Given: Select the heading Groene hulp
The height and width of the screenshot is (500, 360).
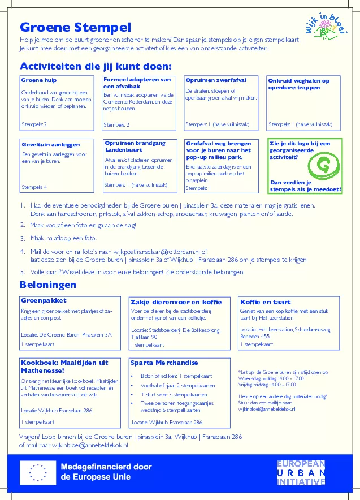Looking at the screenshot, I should click(x=39, y=80).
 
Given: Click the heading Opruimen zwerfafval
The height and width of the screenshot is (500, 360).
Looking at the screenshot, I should click(x=216, y=80).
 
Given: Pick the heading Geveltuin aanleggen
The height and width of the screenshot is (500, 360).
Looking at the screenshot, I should click(x=51, y=145).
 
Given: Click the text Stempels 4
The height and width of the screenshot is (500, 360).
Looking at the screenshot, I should click(x=34, y=187).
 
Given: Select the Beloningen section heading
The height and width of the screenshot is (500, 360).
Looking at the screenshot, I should click(x=48, y=284).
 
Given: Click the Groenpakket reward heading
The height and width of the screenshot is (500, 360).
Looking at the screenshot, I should click(x=44, y=300).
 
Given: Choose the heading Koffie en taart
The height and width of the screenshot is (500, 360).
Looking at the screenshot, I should click(x=265, y=301).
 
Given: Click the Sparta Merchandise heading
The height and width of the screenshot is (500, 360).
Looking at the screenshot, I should click(x=164, y=363).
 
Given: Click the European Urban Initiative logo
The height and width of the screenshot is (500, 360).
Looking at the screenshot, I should click(x=301, y=473).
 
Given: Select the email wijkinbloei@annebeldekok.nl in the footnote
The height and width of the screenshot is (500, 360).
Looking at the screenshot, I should click(x=267, y=408).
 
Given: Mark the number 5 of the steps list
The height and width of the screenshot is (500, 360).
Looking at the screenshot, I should click(x=23, y=272).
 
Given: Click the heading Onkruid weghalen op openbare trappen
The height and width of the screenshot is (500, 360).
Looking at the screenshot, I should click(x=298, y=84).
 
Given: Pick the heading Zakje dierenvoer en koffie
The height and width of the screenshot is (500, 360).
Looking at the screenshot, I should click(x=176, y=301).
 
